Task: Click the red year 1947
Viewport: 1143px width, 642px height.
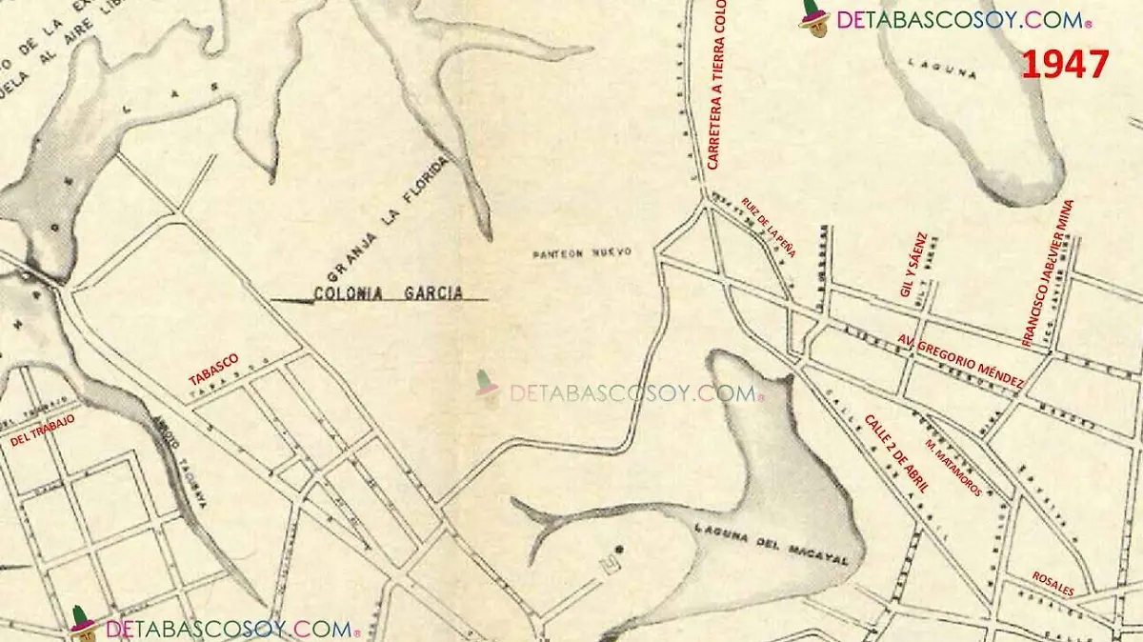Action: [1065, 65]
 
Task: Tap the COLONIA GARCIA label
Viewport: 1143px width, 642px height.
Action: [389, 293]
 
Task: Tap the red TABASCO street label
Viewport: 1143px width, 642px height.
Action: [213, 369]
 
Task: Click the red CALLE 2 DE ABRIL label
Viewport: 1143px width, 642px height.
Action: [895, 453]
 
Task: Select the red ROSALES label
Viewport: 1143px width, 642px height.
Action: [1053, 584]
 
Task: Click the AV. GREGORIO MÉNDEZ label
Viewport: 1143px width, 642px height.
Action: [961, 361]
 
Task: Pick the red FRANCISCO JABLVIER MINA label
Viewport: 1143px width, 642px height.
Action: [1047, 272]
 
